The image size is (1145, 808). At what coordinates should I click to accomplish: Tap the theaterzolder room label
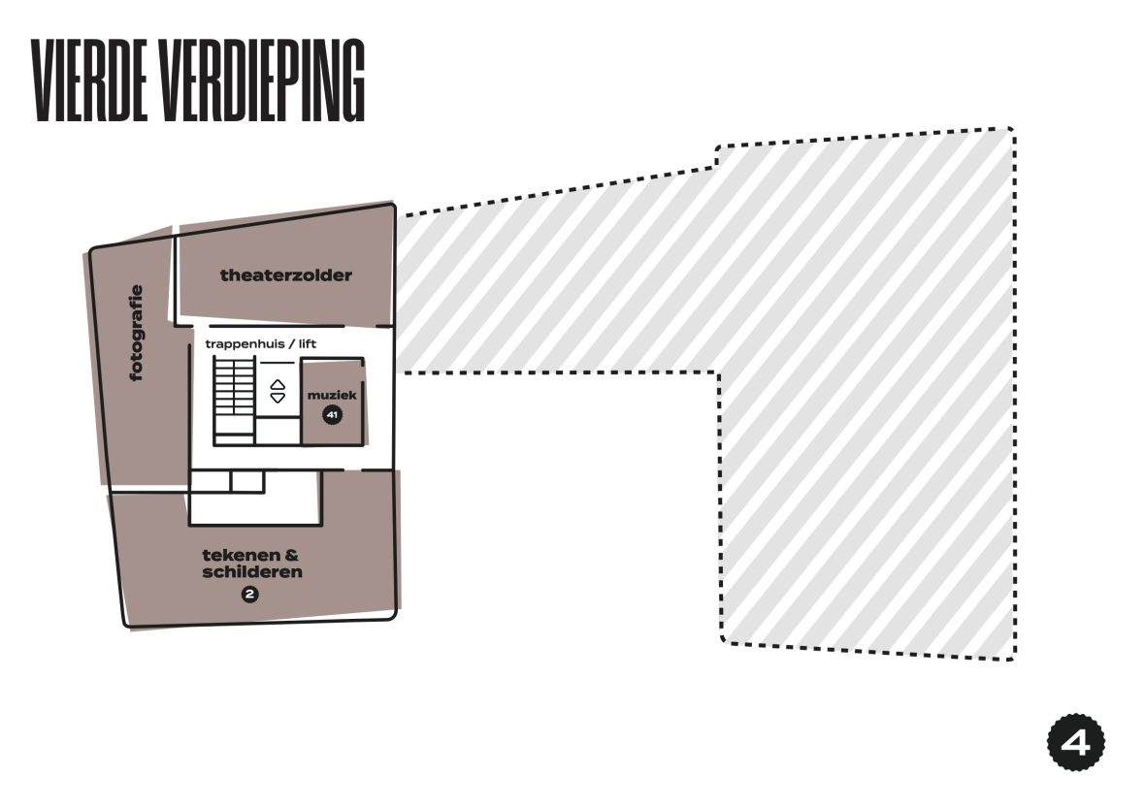coord(286,275)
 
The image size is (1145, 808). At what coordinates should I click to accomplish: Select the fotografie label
coord(136,333)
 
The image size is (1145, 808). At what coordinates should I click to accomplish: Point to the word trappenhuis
coord(245,343)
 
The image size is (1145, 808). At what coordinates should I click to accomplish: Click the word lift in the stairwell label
coord(308,343)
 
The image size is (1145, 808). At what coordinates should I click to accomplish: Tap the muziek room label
coord(332,396)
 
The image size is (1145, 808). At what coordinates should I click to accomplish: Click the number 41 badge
coord(332,415)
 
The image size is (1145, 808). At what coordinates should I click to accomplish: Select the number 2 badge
coord(249,595)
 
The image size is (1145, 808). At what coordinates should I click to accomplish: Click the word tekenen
coord(242,555)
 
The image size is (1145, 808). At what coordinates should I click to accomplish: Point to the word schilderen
coord(252,571)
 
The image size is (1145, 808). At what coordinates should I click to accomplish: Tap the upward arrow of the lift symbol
coord(278,385)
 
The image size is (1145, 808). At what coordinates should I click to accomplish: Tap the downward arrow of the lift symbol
coord(278,398)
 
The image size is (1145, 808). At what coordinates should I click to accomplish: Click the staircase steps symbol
coord(235,401)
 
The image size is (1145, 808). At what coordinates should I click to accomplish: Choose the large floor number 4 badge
coord(1076,742)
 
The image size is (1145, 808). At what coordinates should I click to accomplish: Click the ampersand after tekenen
coord(292,555)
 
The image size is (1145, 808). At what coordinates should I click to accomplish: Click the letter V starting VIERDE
coord(43,81)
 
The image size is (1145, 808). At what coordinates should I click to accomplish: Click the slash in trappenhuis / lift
coord(291,343)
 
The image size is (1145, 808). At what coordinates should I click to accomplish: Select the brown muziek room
coord(332,401)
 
